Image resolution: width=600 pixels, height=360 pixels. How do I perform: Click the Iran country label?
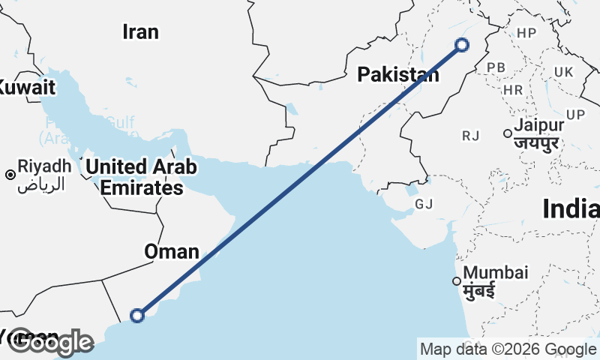point(140,31)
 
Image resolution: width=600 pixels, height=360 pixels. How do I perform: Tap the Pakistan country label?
point(397,74)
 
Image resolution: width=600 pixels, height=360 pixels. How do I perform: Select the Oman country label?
point(172,252)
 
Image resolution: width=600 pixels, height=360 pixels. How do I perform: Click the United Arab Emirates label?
point(141,177)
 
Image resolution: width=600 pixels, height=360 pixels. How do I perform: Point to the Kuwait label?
point(27,88)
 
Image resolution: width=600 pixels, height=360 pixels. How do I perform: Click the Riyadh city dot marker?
point(10,175)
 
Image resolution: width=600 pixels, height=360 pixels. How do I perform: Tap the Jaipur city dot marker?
point(508,133)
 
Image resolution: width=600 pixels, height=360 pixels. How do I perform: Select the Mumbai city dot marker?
point(456,282)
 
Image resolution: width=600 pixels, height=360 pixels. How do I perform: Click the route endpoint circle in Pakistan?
point(462,45)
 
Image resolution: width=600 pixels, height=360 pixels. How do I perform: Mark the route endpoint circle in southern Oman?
point(137,316)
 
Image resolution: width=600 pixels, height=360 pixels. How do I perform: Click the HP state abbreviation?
point(526,33)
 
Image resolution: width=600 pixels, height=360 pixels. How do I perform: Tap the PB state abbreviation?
point(496,67)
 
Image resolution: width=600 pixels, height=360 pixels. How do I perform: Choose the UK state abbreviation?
point(563,71)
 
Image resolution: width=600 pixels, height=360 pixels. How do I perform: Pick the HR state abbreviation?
point(513,89)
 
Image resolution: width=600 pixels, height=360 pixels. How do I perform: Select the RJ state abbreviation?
point(470,135)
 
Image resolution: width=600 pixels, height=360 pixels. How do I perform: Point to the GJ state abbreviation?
point(424,204)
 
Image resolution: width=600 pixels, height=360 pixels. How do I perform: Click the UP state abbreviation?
point(575,115)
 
